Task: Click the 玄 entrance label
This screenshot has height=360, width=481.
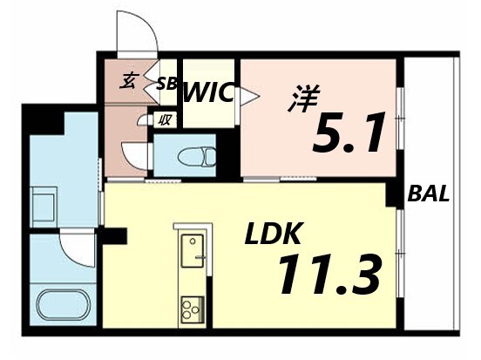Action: (x=128, y=83)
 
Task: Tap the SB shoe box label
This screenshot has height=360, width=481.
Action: (x=166, y=85)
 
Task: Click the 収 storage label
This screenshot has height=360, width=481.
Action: (x=164, y=120)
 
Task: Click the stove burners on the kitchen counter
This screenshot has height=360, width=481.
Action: (x=192, y=307)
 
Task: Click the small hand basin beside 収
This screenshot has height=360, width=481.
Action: (x=142, y=121)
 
